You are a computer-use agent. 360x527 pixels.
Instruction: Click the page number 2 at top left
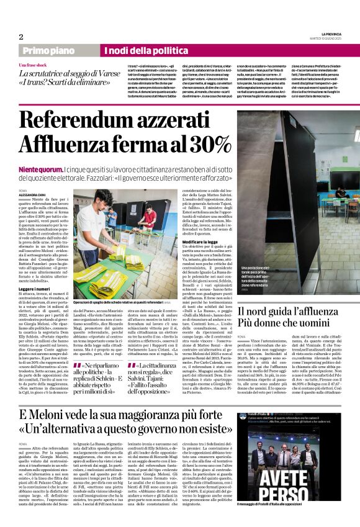(20, 37)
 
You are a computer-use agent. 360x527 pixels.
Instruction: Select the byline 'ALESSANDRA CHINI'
(32, 193)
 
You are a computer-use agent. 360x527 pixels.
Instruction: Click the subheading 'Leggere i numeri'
(35, 290)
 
